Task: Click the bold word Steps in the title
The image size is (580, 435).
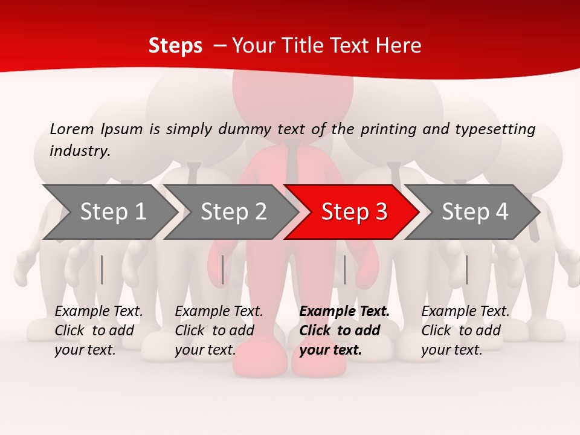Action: [175, 45]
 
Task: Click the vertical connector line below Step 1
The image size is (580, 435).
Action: [102, 269]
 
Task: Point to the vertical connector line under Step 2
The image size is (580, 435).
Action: [223, 269]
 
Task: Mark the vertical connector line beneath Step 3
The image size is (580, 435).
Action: [344, 269]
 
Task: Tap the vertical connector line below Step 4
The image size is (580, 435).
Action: [466, 269]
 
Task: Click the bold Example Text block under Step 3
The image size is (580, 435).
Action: [344, 330]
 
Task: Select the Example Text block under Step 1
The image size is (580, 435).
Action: [98, 330]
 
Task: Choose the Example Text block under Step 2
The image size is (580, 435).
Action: [219, 330]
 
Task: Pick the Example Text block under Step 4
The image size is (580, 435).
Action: [465, 330]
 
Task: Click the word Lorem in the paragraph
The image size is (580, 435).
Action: [72, 129]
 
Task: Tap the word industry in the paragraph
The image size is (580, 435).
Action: [79, 151]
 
